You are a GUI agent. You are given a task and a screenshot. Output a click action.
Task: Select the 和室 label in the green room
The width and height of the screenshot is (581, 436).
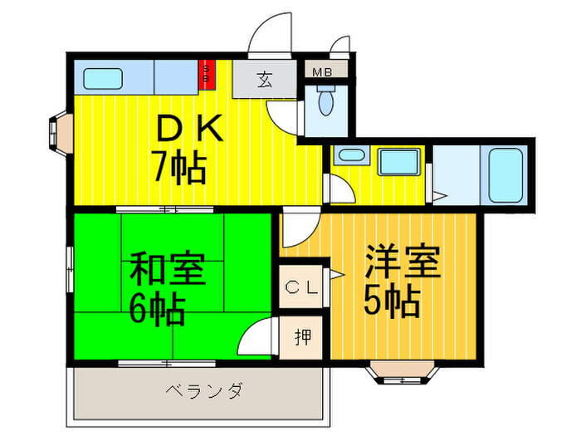(x=166, y=271)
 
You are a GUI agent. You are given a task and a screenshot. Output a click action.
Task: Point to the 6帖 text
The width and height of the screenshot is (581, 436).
(x=157, y=309)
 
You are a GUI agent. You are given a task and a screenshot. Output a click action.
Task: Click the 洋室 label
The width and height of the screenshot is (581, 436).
(x=402, y=264)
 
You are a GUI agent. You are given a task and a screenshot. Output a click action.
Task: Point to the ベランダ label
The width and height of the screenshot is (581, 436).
(x=204, y=390)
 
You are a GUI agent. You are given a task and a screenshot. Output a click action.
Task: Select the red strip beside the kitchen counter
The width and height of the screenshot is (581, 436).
(x=206, y=76)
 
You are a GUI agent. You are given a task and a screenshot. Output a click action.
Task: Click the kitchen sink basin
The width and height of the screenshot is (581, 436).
(x=103, y=78)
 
